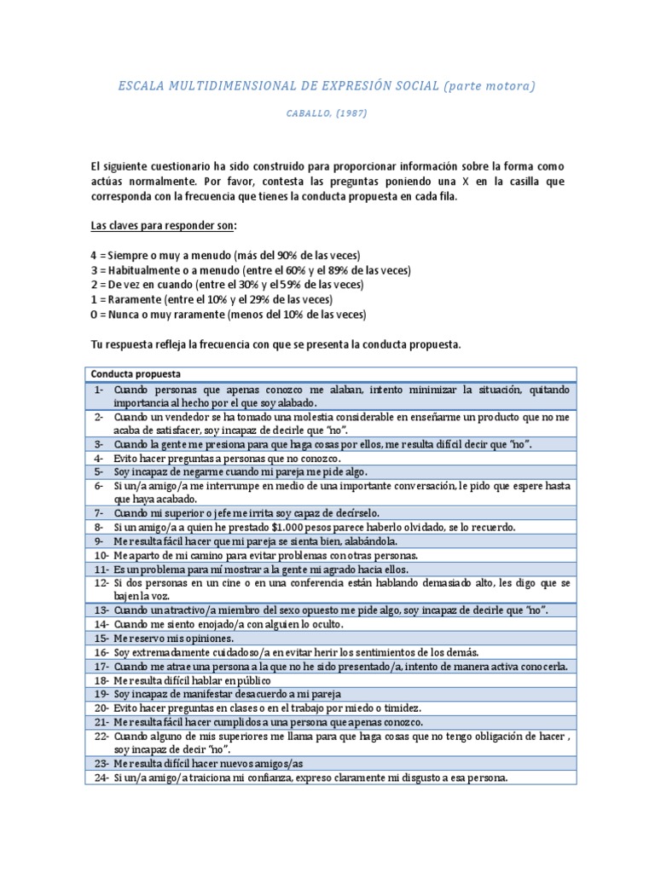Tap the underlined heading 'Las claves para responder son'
(x=164, y=225)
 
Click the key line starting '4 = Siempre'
(x=226, y=255)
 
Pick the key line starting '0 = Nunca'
(x=228, y=315)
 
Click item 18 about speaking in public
(x=192, y=680)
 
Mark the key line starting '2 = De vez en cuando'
(x=227, y=285)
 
